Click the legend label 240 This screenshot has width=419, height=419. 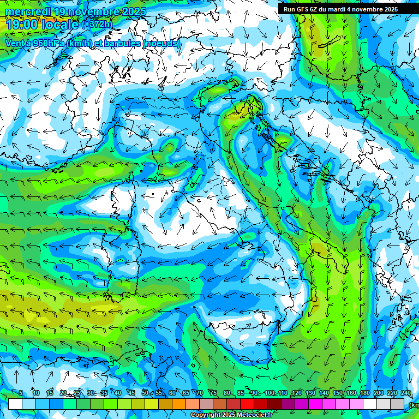[x=405, y=393]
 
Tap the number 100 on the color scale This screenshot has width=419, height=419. [x=270, y=393]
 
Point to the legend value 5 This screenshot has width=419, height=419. [x=21, y=393]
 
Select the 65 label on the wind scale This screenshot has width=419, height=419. [x=186, y=393]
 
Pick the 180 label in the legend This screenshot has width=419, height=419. [x=364, y=393]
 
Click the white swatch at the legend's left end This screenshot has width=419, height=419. [x=15, y=404]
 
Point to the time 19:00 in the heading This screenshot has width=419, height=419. [x=23, y=25]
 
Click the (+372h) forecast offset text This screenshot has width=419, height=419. [x=97, y=25]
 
